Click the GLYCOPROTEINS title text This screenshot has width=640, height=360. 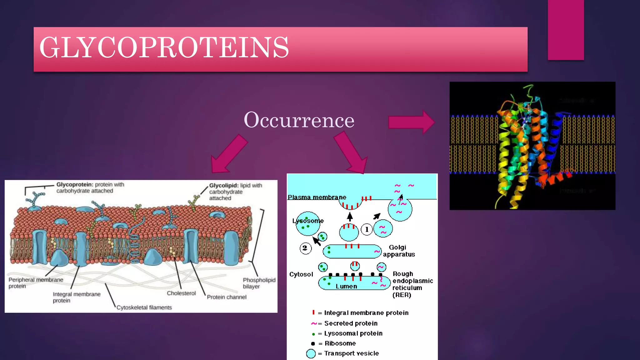click(164, 47)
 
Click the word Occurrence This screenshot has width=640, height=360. click(299, 120)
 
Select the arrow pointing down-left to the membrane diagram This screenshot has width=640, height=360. click(229, 154)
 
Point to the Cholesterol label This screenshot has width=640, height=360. click(181, 293)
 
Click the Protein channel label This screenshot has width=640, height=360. click(227, 297)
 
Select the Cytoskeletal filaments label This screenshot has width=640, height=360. click(144, 307)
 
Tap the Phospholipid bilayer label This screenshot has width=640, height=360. click(259, 283)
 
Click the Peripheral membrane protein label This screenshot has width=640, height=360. click(35, 283)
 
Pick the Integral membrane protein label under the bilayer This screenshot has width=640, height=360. click(77, 297)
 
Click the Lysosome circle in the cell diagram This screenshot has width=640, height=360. click(308, 224)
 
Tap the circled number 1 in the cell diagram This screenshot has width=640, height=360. click(367, 229)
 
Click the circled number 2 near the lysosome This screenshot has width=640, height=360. click(305, 248)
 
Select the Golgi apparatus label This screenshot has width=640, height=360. click(399, 251)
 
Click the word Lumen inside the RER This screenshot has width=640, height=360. click(346, 286)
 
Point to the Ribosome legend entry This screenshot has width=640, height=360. click(340, 343)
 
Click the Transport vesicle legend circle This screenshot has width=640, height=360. click(311, 353)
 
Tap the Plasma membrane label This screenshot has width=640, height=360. click(317, 197)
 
